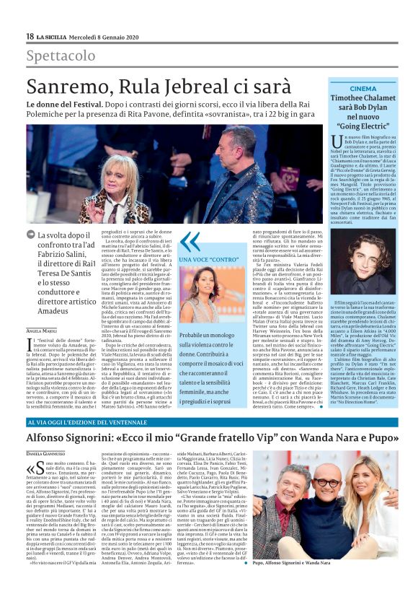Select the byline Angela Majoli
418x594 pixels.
click(x=42, y=310)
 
